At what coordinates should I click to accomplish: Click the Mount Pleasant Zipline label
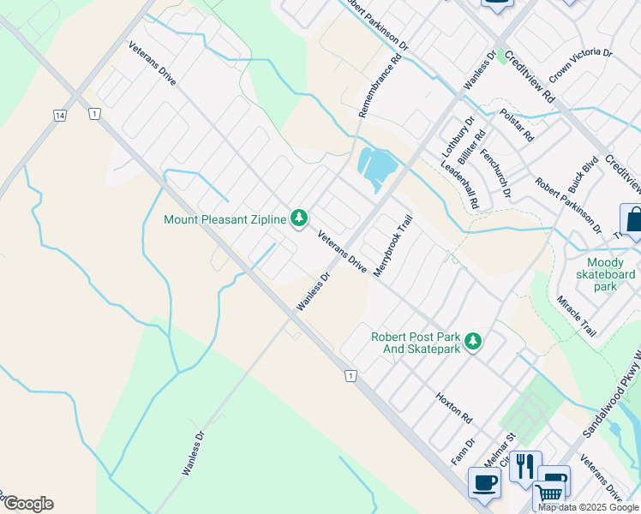(226, 220)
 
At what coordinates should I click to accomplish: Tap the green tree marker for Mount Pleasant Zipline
(299, 219)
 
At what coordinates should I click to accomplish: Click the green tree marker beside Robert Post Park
(472, 343)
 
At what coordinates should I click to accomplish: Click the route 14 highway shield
(59, 115)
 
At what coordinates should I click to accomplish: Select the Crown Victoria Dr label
(581, 65)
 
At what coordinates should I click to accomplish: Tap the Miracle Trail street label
(576, 316)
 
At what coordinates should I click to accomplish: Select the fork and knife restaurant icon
(525, 468)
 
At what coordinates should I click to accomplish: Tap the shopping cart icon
(549, 495)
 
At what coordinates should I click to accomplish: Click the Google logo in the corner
(28, 504)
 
